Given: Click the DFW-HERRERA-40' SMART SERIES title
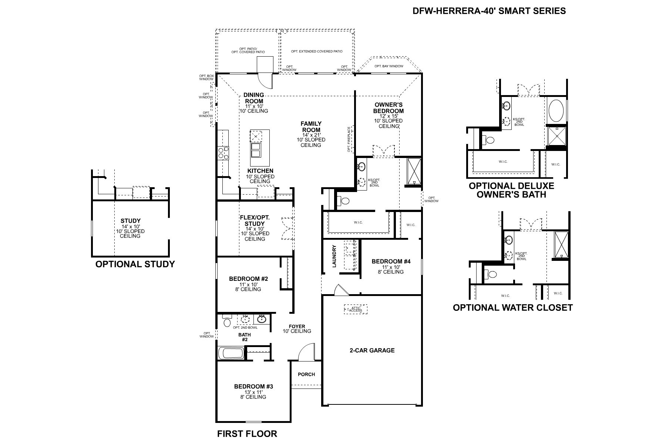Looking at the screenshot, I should click(489, 11).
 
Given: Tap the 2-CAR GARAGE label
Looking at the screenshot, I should click(372, 350).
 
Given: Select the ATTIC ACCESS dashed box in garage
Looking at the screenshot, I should click(356, 309).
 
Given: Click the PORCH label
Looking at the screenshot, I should click(306, 374).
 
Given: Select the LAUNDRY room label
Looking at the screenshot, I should click(334, 256).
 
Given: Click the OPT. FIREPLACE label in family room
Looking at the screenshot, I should click(349, 139).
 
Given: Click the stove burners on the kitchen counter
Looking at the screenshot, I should click(223, 153).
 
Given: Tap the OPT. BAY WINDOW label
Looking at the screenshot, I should click(388, 66).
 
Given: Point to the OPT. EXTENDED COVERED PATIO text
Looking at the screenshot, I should click(316, 51).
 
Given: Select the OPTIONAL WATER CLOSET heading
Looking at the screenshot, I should click(512, 307).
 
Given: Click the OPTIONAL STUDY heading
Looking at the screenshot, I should click(135, 264).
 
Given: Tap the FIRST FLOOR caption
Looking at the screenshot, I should click(247, 434).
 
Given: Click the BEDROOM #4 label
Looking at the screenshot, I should click(391, 261).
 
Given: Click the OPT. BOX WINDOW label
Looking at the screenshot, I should click(206, 77).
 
